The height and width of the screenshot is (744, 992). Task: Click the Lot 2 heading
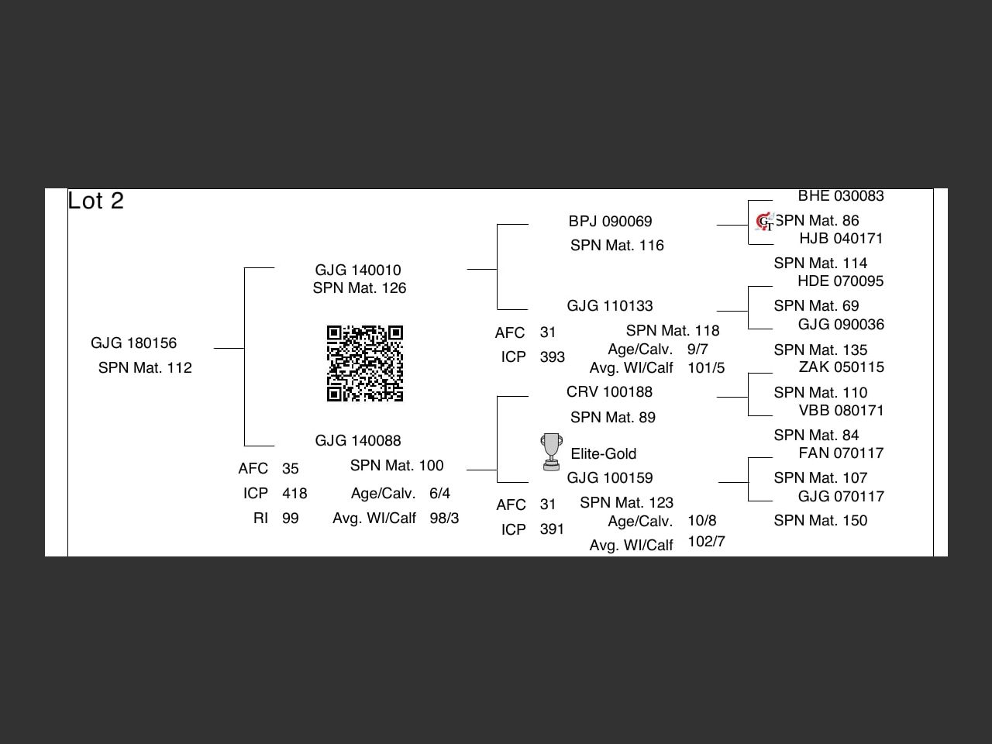(x=96, y=201)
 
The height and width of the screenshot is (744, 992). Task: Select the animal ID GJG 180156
(x=133, y=343)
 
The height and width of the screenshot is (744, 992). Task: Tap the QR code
(x=365, y=363)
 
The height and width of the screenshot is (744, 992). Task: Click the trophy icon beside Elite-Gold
(x=551, y=452)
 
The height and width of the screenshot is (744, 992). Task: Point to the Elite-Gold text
(x=603, y=453)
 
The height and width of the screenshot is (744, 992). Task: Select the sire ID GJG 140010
(x=358, y=270)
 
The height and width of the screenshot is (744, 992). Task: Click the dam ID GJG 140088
(x=358, y=440)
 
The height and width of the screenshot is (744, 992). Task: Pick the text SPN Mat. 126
(x=360, y=288)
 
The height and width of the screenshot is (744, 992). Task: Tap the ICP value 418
(x=294, y=494)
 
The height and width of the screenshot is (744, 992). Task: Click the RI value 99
(x=290, y=518)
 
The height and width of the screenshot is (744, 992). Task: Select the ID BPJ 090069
(x=610, y=221)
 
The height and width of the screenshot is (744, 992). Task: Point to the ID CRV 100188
(x=609, y=391)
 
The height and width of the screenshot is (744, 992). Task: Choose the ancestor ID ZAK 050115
(x=841, y=367)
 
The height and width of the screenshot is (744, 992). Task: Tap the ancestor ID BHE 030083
(x=841, y=196)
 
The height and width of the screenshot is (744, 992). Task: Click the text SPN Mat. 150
(x=820, y=520)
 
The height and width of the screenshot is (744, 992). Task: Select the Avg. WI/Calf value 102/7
(x=706, y=541)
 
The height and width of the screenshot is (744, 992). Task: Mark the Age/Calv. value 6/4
(x=439, y=493)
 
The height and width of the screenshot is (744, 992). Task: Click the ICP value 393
(x=552, y=357)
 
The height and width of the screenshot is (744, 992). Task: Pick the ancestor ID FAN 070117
(x=841, y=453)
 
